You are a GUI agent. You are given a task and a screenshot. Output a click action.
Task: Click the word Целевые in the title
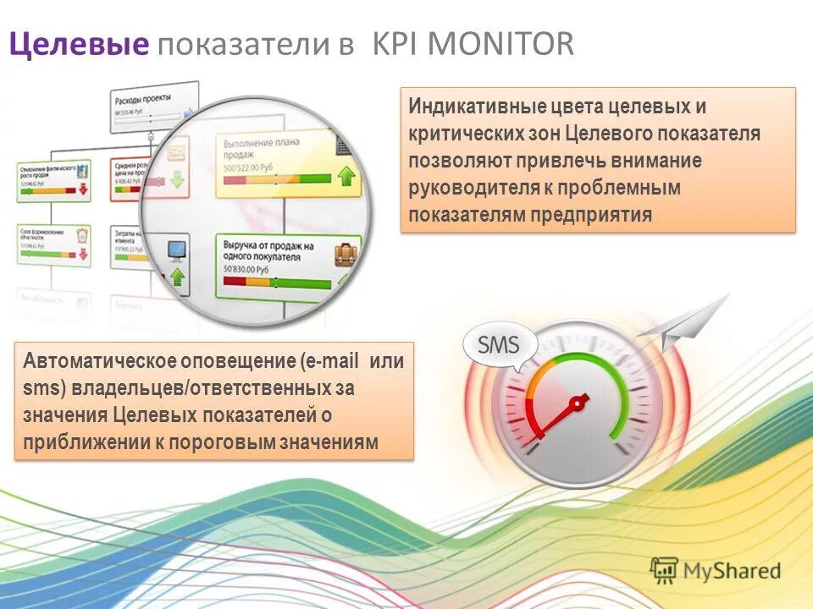[x=78, y=44]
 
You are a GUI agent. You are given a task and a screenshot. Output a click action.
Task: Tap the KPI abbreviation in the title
[x=398, y=44]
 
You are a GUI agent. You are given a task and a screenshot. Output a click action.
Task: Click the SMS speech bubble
[x=500, y=346]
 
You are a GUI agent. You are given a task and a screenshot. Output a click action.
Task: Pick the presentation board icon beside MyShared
[x=665, y=570]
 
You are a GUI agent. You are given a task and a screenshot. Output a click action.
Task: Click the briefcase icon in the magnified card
[x=345, y=253]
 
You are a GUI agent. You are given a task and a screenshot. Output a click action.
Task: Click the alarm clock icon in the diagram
[x=83, y=234]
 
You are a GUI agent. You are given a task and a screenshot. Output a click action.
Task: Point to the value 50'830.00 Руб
[x=246, y=269]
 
